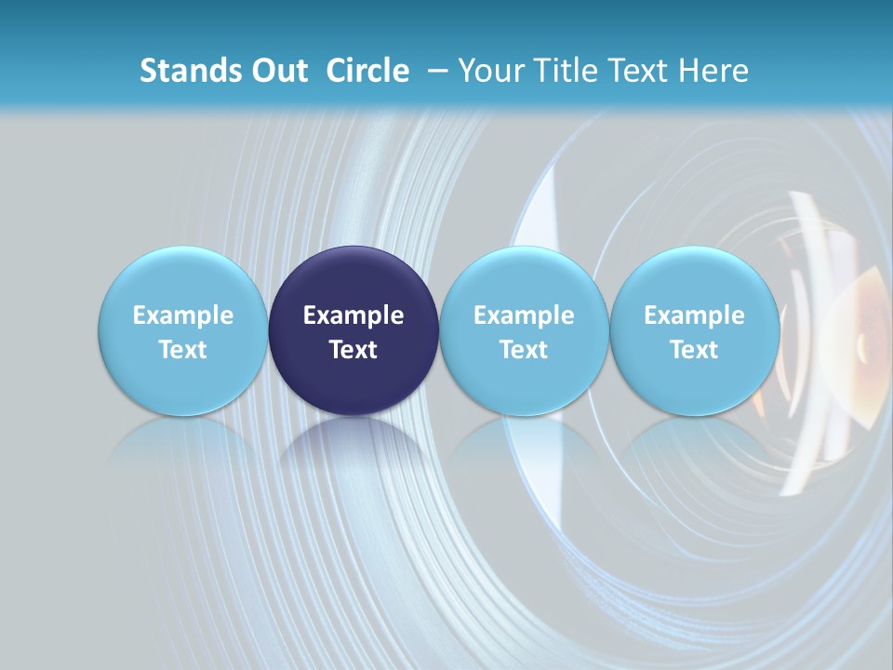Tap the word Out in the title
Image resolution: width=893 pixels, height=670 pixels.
click(x=277, y=71)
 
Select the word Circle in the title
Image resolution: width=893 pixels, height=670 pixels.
click(x=367, y=71)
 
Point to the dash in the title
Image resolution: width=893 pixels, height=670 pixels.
click(x=434, y=72)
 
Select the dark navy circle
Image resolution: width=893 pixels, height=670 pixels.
click(x=353, y=330)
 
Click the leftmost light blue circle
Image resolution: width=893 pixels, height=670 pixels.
click(x=183, y=330)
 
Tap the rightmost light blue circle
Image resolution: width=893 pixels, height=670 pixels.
click(x=694, y=330)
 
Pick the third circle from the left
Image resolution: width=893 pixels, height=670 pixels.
click(x=524, y=330)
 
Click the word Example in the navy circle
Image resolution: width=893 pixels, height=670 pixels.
click(x=353, y=315)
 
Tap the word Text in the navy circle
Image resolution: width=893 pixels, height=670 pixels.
click(x=353, y=350)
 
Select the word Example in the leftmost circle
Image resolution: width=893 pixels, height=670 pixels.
click(x=183, y=315)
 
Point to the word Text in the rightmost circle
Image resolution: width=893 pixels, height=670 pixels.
click(x=694, y=350)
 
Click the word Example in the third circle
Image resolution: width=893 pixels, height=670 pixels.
click(x=524, y=315)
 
